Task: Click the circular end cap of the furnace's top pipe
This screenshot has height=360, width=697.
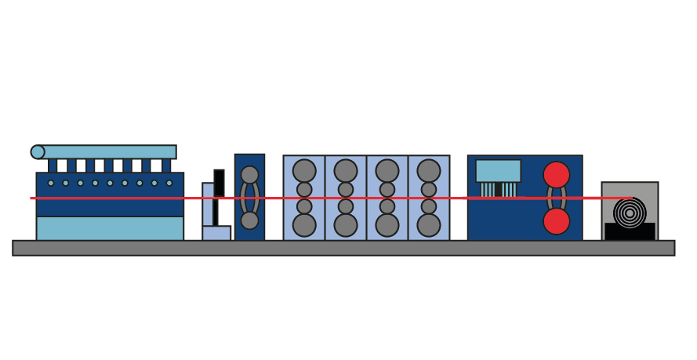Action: tap(38, 152)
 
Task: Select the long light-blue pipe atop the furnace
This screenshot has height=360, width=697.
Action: tap(110, 151)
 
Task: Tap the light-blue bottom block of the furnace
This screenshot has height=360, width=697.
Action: tap(110, 228)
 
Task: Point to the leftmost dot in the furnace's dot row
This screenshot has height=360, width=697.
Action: tap(51, 183)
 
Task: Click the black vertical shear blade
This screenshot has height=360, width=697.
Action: tap(219, 182)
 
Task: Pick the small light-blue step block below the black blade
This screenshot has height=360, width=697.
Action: tap(217, 233)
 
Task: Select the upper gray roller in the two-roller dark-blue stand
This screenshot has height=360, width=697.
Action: tap(249, 175)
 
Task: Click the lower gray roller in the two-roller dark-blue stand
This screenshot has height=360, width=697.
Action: tap(249, 220)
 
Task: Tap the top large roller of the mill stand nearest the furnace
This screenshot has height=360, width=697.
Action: tap(304, 170)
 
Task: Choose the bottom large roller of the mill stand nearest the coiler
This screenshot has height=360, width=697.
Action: tap(428, 225)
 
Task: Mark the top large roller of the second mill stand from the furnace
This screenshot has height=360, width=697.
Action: tap(346, 170)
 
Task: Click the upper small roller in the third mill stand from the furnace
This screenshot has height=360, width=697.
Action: tap(387, 190)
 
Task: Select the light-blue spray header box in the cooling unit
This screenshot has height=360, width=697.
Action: tap(498, 170)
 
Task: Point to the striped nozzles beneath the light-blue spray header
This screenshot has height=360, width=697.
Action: tap(498, 189)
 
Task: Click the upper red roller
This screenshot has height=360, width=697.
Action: tap(557, 175)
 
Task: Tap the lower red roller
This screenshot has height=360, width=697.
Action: tap(557, 221)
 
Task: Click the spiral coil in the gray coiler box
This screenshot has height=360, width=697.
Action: tap(630, 213)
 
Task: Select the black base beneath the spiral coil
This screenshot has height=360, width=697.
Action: tap(630, 232)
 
